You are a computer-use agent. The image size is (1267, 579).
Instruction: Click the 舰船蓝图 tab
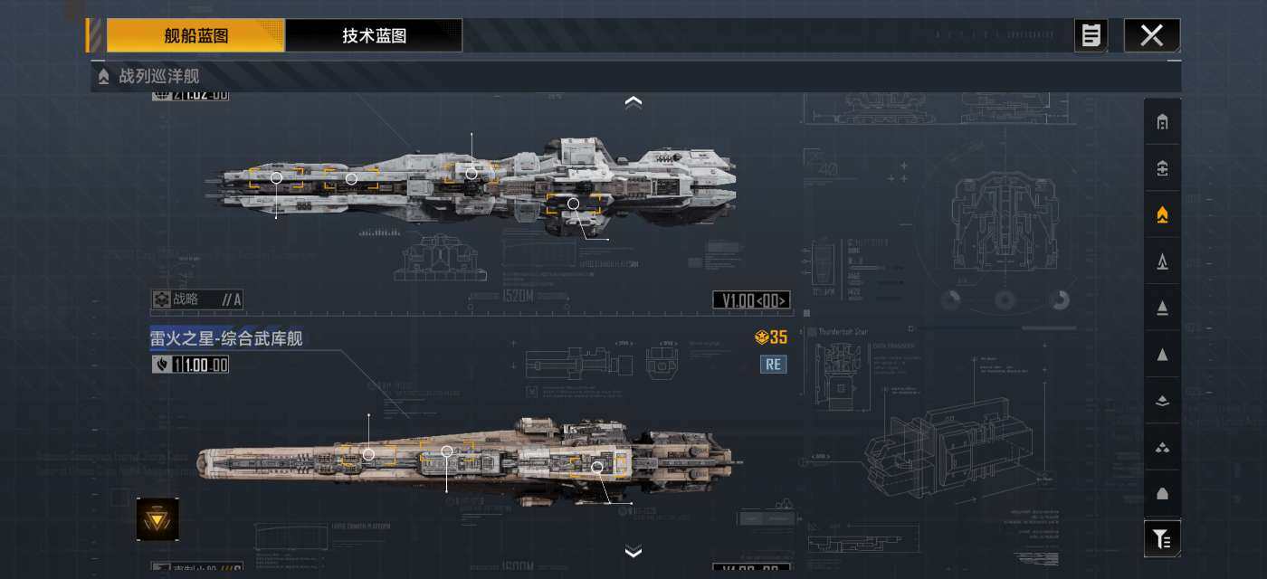point(195,36)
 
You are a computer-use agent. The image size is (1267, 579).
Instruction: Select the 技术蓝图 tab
point(374,36)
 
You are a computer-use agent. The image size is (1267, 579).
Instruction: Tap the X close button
point(1151,36)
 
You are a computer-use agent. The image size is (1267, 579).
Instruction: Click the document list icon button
point(1091,36)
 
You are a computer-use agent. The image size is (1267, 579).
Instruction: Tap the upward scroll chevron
point(633,102)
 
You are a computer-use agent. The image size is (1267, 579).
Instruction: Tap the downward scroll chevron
point(633,551)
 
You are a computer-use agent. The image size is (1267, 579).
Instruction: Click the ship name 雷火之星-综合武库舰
point(226,338)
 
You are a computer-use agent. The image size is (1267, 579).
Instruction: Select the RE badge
point(774,365)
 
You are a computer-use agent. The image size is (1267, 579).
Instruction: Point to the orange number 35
point(777,337)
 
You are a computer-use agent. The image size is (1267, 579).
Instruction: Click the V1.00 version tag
point(751,300)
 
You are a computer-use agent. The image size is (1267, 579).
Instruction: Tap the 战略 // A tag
point(196,299)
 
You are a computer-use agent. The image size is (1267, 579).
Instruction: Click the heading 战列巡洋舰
point(158,76)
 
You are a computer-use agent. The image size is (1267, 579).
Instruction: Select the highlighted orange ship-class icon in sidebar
point(1162,214)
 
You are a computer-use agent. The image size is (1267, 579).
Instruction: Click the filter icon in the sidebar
point(1162,539)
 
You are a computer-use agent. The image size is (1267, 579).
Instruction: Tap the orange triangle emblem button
point(157,519)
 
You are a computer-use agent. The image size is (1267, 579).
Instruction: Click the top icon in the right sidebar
point(1162,122)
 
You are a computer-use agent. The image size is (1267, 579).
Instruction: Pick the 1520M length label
point(519,296)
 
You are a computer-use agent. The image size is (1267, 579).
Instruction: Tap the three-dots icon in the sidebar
point(1162,447)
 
